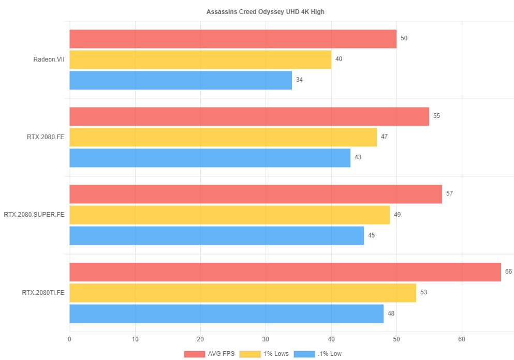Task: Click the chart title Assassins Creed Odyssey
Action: pos(258,11)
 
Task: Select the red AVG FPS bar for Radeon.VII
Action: pos(233,39)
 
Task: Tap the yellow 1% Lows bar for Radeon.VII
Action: pos(200,59)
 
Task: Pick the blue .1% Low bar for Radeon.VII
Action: pos(181,80)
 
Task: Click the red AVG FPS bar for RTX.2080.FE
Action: pos(249,116)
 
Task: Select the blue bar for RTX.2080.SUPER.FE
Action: pos(216,235)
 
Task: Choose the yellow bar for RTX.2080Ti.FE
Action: pos(243,292)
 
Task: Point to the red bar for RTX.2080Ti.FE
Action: pos(285,272)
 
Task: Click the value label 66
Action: pos(508,272)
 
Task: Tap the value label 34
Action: pos(299,80)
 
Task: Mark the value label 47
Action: pos(384,137)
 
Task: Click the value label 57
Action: pos(449,193)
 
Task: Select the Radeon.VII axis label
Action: pos(49,59)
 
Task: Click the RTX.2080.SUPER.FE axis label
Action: pos(34,215)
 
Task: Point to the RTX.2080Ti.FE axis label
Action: pos(43,292)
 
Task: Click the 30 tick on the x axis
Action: pos(266,339)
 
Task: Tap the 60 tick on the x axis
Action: pos(462,339)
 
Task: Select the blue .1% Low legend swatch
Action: pos(304,354)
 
